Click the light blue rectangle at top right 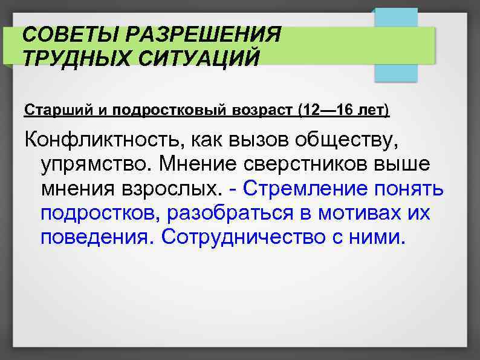click(x=396, y=45)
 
